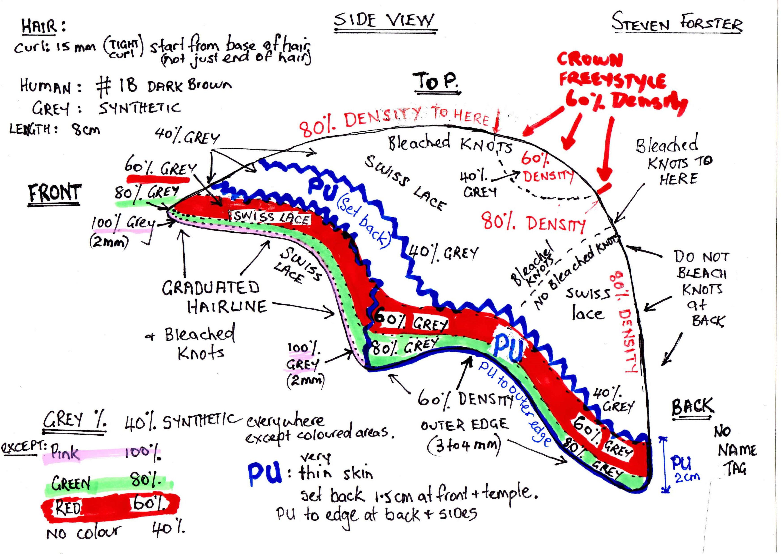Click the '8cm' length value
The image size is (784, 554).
pyautogui.click(x=85, y=130)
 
